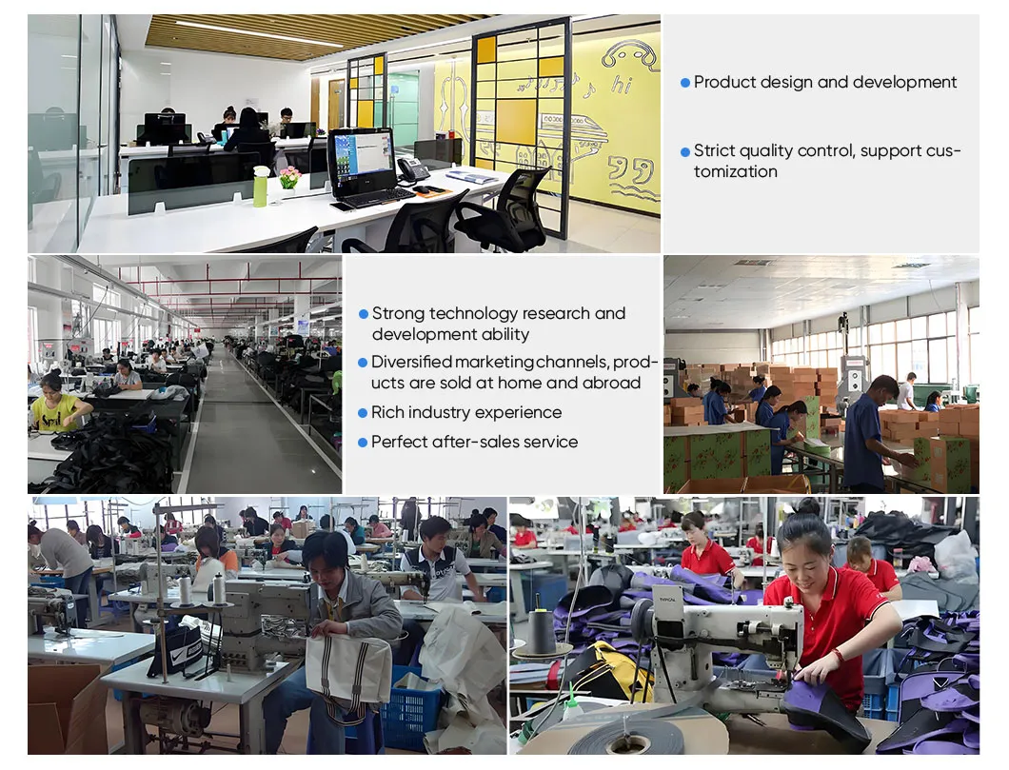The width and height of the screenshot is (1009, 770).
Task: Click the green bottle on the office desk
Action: tap(260, 187)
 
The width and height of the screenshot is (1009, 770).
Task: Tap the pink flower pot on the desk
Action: tap(289, 177)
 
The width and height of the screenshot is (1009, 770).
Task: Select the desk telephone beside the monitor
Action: tap(412, 170)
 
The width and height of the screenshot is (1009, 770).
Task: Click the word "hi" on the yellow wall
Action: tap(622, 86)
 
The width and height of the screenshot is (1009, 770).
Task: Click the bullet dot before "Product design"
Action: tap(685, 83)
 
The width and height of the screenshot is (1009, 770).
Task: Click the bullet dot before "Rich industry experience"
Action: tap(363, 413)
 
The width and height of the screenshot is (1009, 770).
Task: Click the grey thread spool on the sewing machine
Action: tap(543, 631)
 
